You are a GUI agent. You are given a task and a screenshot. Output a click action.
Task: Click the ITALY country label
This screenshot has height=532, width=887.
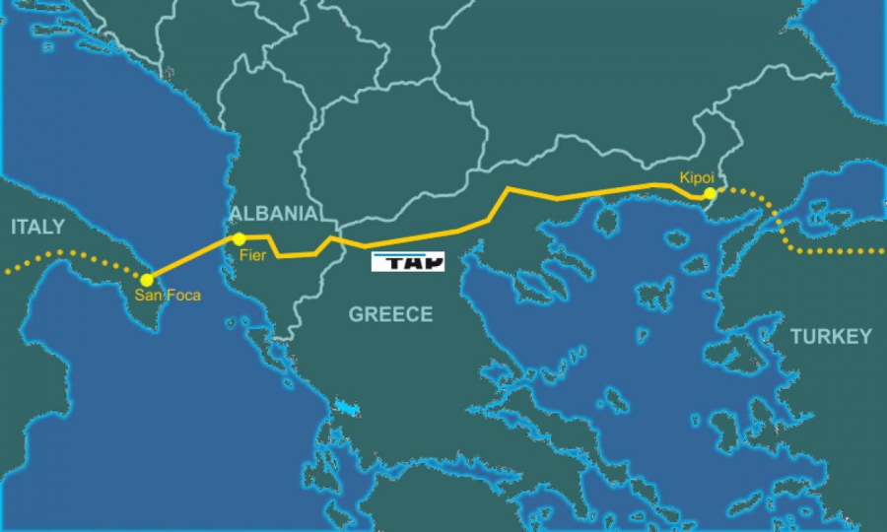tap(37, 228)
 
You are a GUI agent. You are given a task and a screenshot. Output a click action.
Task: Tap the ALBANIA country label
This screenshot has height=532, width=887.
tap(273, 214)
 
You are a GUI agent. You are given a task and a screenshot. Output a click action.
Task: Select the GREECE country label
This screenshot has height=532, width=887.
tap(390, 315)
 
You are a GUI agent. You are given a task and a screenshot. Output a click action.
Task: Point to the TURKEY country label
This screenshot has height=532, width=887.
tap(831, 337)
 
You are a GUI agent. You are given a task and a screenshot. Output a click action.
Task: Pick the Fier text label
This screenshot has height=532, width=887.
tap(253, 256)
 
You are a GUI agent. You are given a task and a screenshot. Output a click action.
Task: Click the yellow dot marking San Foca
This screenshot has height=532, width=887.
tap(147, 279)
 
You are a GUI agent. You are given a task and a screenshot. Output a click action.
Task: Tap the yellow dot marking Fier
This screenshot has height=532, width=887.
tap(239, 238)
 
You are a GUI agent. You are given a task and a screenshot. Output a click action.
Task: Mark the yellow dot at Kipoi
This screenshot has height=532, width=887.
tap(710, 193)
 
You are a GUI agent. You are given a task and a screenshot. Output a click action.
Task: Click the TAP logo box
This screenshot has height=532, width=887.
tap(408, 261)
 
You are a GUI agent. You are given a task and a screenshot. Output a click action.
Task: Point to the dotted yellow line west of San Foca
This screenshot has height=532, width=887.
tap(69, 253)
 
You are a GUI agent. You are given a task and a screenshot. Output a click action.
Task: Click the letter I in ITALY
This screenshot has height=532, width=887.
tap(13, 228)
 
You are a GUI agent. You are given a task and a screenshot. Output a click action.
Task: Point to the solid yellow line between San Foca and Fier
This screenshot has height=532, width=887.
tap(193, 258)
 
